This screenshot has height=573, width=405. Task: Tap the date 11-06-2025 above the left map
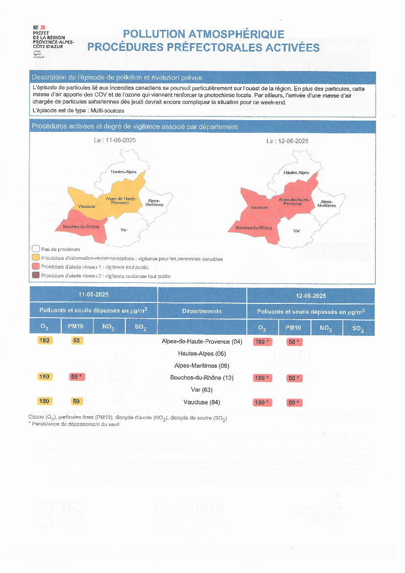tap(115, 141)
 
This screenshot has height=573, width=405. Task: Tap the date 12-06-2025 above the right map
tap(287, 141)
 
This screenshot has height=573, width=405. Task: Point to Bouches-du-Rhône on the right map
tap(253, 228)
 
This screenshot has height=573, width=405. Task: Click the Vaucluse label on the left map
tap(87, 206)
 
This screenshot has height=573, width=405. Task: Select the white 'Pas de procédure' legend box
tap(35, 249)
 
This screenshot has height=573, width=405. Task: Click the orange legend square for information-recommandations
tap(35, 258)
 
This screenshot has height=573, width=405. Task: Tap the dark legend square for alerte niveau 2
tap(35, 276)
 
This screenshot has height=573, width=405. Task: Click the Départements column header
tap(202, 311)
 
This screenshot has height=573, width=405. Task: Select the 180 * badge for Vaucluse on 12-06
tap(262, 403)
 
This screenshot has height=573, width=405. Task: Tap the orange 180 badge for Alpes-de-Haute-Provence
tap(45, 341)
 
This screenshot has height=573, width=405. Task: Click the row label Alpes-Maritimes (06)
tap(202, 366)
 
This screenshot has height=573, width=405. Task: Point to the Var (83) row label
tap(202, 390)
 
